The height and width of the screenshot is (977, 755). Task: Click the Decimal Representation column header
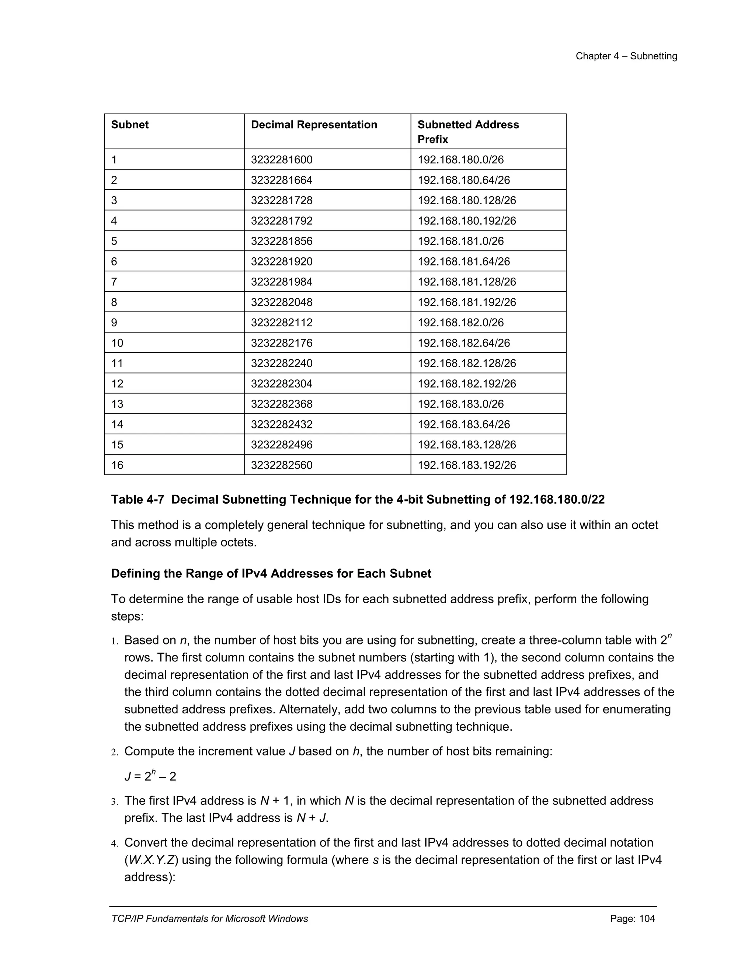coord(314,125)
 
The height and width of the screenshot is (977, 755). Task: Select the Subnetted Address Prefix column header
coord(468,132)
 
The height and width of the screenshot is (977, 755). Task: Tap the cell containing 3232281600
coord(281,160)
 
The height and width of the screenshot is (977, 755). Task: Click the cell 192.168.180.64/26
coord(463,180)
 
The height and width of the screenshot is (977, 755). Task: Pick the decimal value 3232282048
coord(281,302)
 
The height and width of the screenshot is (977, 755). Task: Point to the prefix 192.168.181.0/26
coord(460,241)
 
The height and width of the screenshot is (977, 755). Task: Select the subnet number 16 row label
coord(117,465)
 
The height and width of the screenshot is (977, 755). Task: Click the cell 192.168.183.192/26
coord(466,465)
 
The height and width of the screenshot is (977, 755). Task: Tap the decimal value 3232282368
coord(281,404)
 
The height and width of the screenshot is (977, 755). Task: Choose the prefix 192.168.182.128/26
coord(466,363)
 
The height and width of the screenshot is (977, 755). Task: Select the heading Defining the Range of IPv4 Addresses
coord(271,574)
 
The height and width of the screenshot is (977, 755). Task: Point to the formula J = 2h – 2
coord(150,776)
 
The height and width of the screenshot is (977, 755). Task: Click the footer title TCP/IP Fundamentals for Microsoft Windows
coord(209,919)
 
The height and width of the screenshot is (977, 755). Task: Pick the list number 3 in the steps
coord(115,802)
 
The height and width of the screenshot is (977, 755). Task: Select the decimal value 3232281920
coord(281,262)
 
